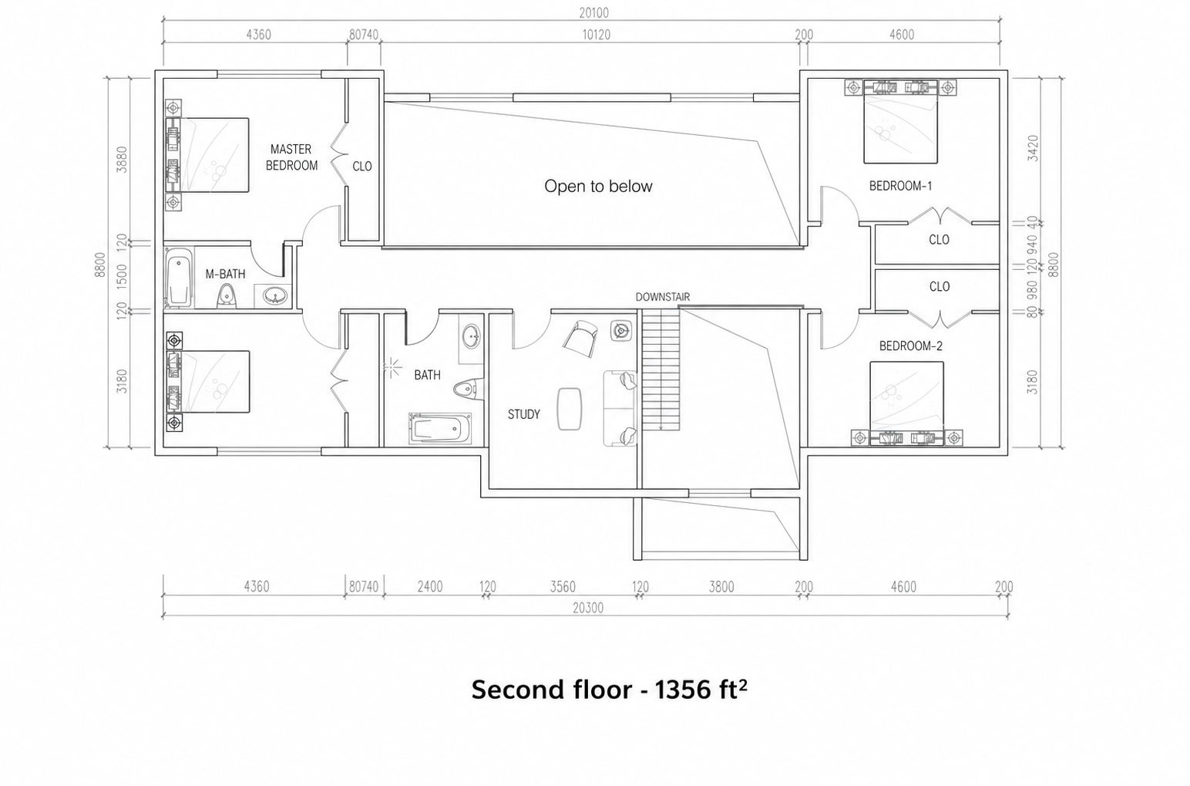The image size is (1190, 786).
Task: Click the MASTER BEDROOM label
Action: [x=291, y=157]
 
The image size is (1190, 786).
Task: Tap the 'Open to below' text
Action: [x=598, y=186]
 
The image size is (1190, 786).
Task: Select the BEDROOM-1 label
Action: [x=900, y=186]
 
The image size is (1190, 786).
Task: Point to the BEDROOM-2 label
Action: [x=910, y=346]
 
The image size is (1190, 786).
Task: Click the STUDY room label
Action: [x=524, y=414]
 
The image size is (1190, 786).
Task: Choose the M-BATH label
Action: [x=225, y=274]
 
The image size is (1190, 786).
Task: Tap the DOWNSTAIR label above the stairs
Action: [x=663, y=297]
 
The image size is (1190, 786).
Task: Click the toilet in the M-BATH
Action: [x=227, y=295]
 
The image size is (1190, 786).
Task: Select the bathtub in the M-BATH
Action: [x=178, y=278]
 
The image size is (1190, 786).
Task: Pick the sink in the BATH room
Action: [x=471, y=336]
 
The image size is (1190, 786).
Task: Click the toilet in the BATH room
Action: [x=469, y=389]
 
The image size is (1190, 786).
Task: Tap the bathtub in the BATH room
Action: [x=440, y=428]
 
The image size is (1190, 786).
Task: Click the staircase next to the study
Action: [x=661, y=372]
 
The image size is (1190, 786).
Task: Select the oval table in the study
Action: [x=569, y=408]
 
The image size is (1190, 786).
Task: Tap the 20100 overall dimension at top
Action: [x=594, y=13]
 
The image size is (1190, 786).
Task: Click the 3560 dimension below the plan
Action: [x=563, y=586]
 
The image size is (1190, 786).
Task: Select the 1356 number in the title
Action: [x=683, y=690]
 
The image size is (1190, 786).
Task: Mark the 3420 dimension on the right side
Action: [x=1033, y=148]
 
